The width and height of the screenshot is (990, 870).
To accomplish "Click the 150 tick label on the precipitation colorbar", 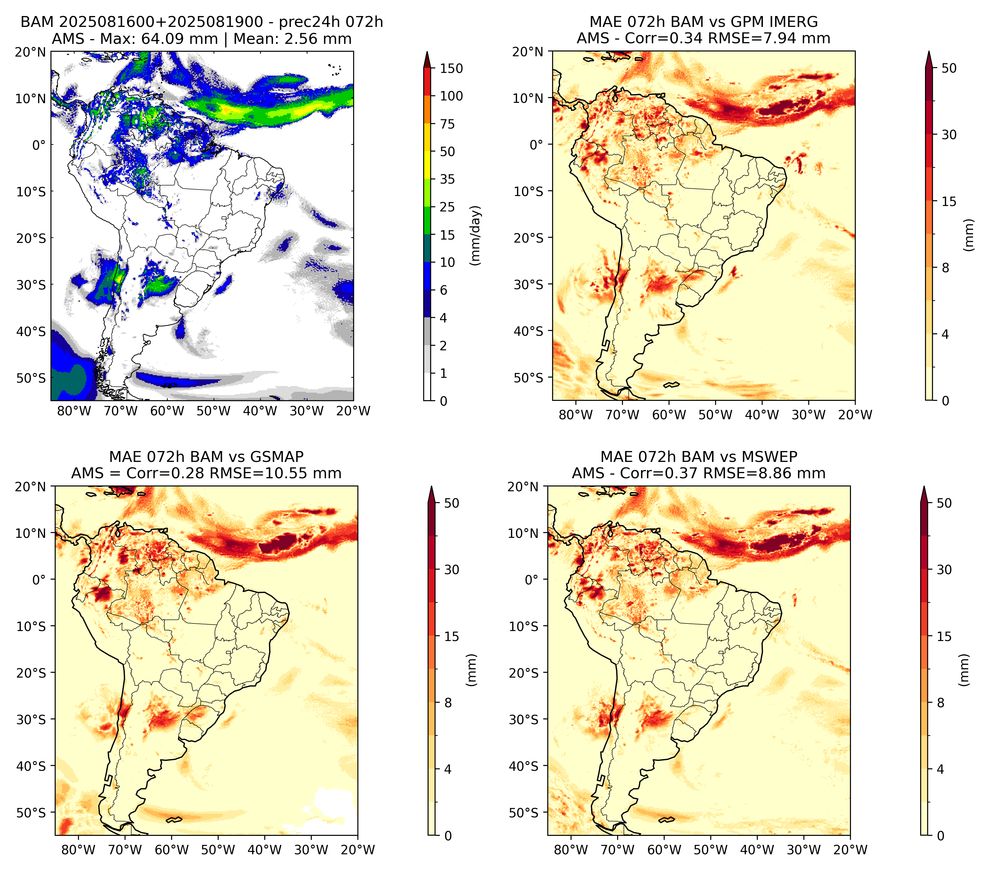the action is tap(451, 68).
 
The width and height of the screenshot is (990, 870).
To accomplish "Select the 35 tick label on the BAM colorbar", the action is tap(447, 179).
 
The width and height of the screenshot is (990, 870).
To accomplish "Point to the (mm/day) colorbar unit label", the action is tap(476, 235).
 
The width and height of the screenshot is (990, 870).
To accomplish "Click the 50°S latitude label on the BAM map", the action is tap(31, 378).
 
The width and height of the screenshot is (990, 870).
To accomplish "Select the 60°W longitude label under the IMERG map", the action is tap(669, 415).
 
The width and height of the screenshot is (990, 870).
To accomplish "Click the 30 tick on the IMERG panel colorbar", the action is tap(949, 135).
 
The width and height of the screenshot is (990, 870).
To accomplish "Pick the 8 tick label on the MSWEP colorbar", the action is tap(941, 703).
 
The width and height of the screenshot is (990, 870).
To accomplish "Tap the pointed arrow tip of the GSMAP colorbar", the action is tap(431, 487).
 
